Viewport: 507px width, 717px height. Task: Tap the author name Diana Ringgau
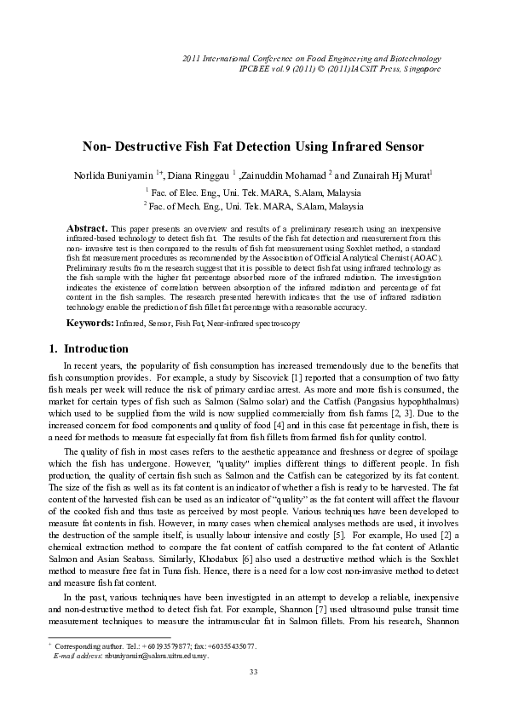coord(193,175)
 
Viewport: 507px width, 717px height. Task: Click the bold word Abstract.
coord(87,230)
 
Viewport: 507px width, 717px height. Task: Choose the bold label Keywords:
coord(91,324)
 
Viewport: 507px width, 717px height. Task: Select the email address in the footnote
coord(146,657)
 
